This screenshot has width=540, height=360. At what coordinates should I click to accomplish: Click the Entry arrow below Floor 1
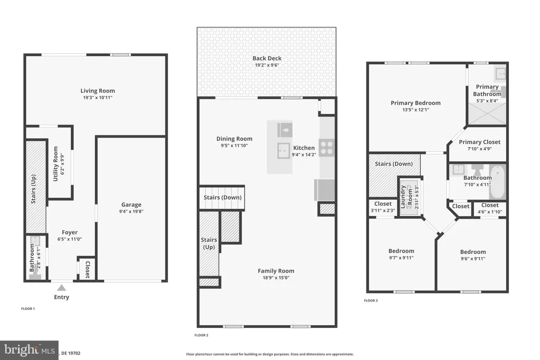point(62,287)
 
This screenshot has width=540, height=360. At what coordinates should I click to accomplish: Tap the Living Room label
point(98,91)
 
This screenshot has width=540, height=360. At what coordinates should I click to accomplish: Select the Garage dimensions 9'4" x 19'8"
point(131,211)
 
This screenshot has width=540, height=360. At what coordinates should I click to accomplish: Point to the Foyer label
point(70,232)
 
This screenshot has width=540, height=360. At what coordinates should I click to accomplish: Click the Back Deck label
point(267,58)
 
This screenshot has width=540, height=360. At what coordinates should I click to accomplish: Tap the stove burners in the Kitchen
point(327,147)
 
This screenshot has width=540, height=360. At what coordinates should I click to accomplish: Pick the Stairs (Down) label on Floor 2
point(223,197)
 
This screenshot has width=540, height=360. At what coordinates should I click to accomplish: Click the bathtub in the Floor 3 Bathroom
point(497,181)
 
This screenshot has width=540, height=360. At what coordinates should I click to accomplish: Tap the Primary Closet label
point(479,142)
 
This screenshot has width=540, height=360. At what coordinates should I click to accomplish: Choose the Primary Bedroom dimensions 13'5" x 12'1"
point(416,110)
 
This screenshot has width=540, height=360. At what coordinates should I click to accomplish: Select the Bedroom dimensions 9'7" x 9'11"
point(401,258)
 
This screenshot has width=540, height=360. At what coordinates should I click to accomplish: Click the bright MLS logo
point(29,349)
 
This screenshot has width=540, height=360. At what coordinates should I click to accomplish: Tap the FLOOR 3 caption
point(371,300)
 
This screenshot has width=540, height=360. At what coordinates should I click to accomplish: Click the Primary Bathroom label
point(487,90)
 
